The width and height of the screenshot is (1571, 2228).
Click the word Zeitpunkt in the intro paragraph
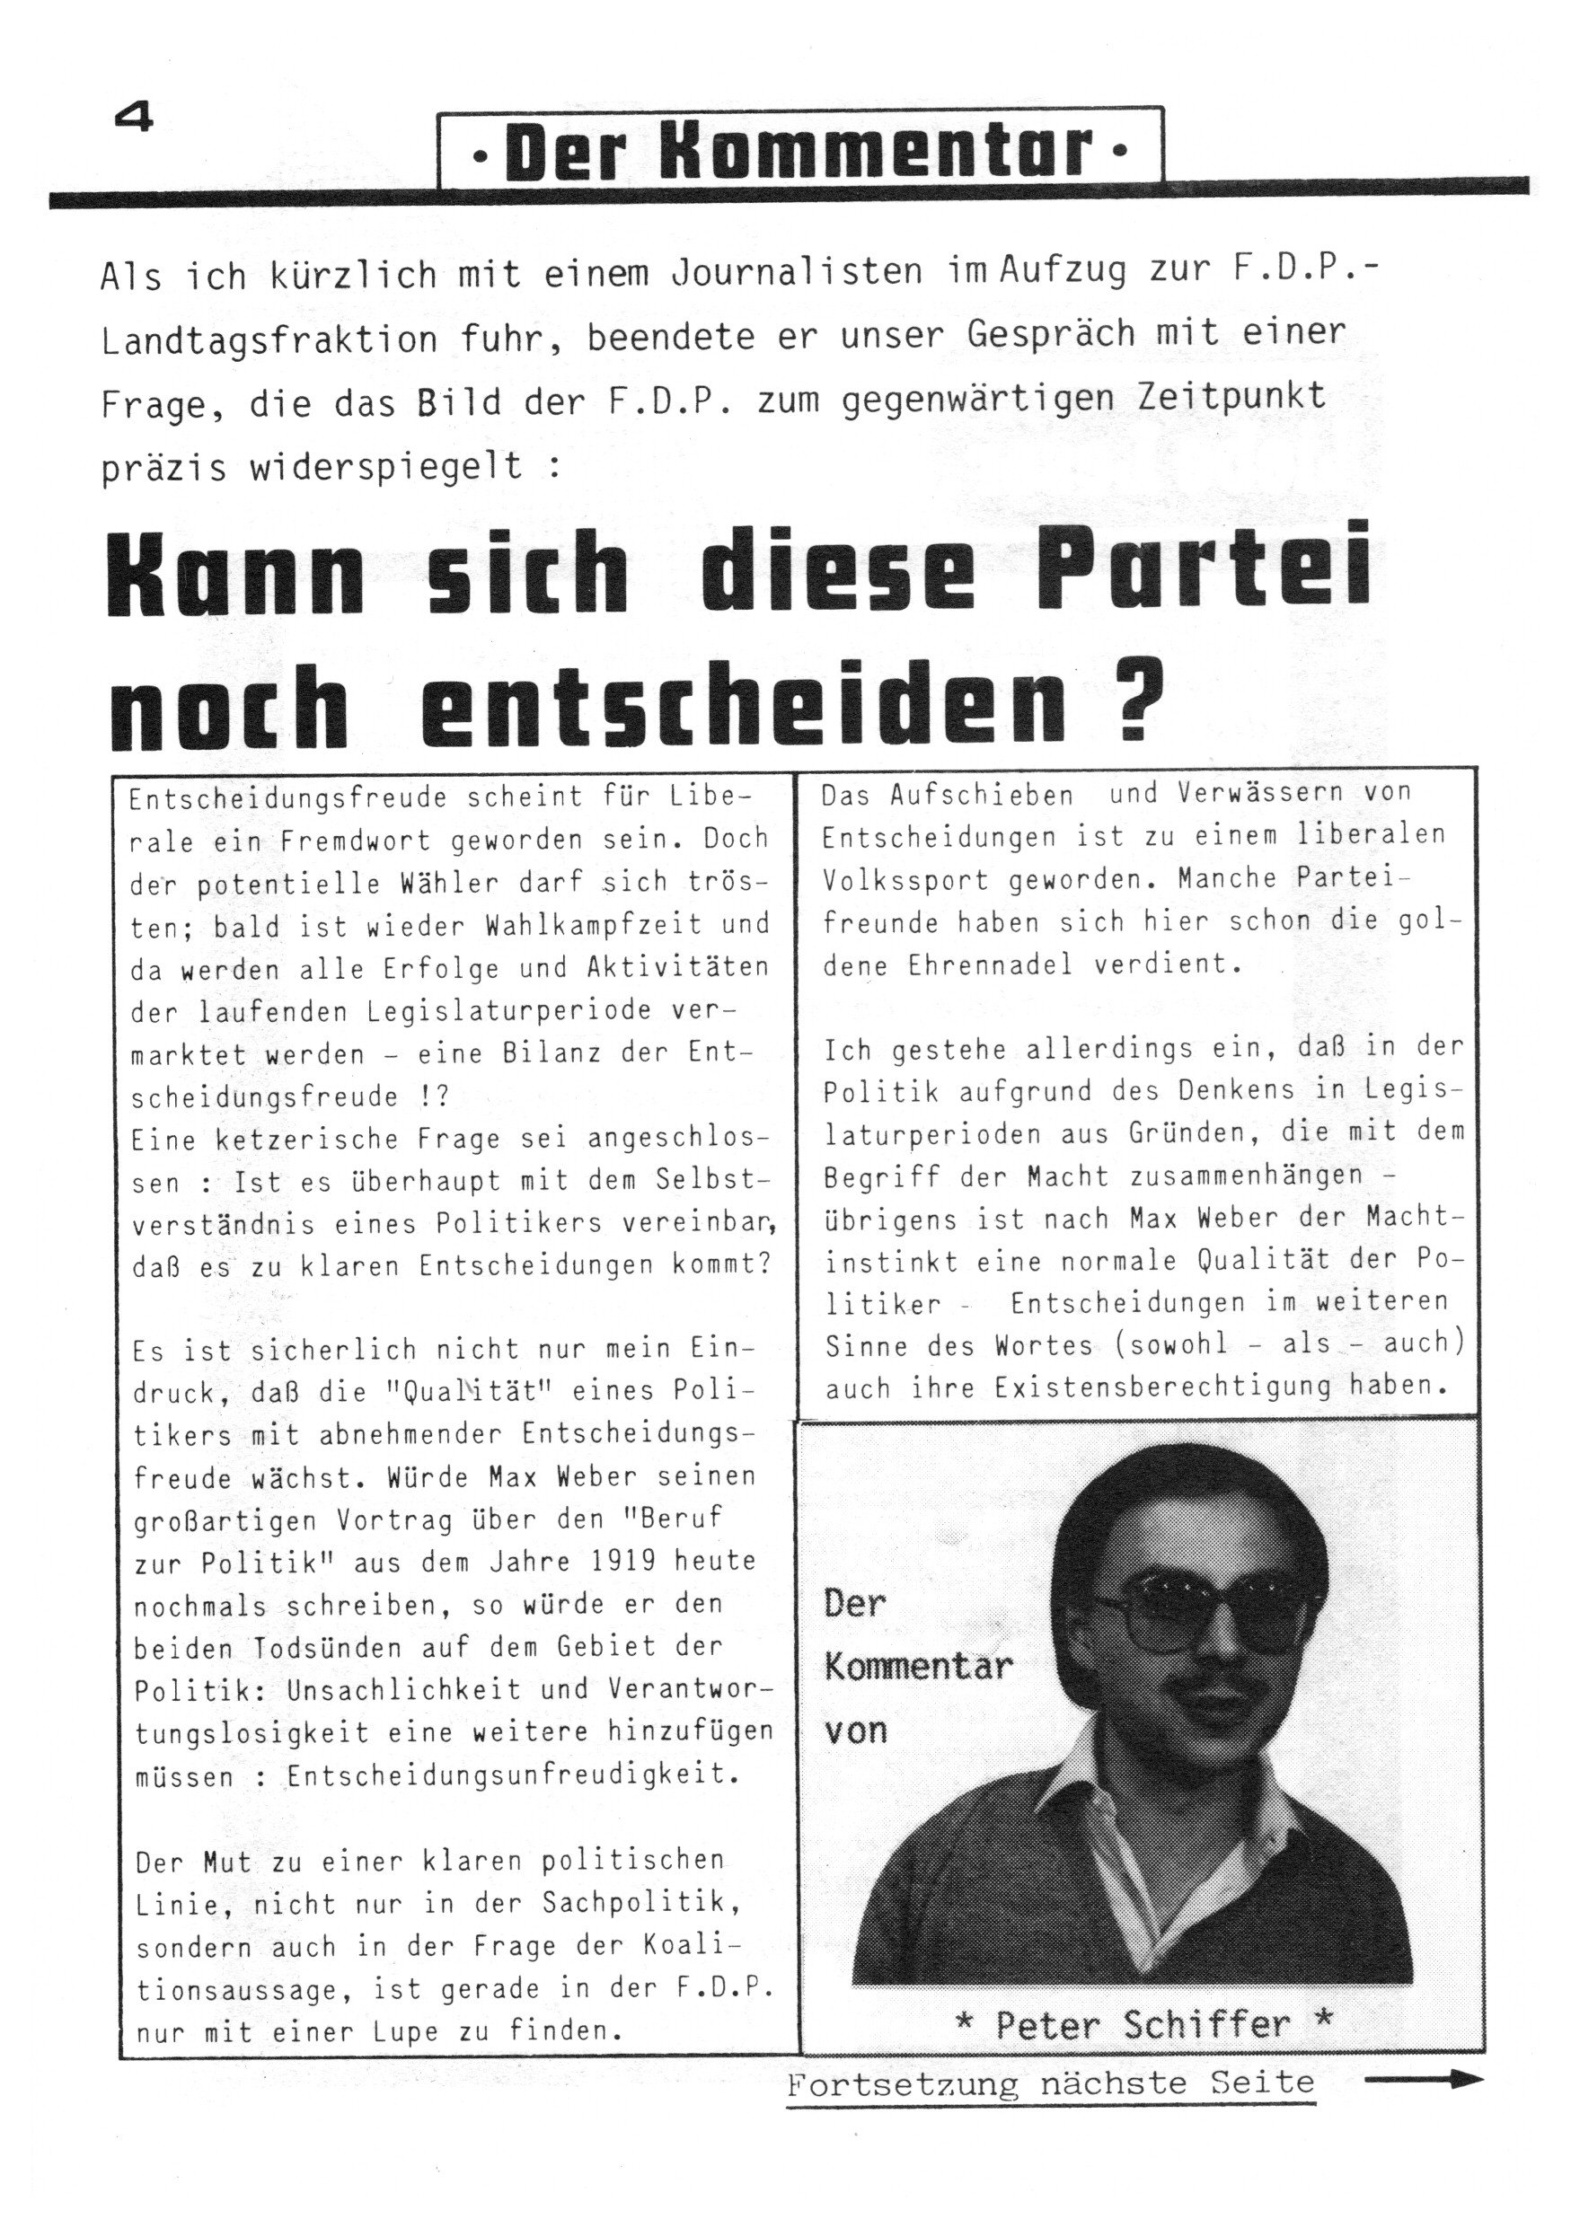tap(1223, 395)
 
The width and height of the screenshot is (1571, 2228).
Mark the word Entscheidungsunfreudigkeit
tap(511, 1774)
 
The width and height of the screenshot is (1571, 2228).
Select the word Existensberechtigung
tap(1161, 1387)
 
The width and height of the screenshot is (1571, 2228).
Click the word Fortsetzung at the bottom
tap(903, 2083)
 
